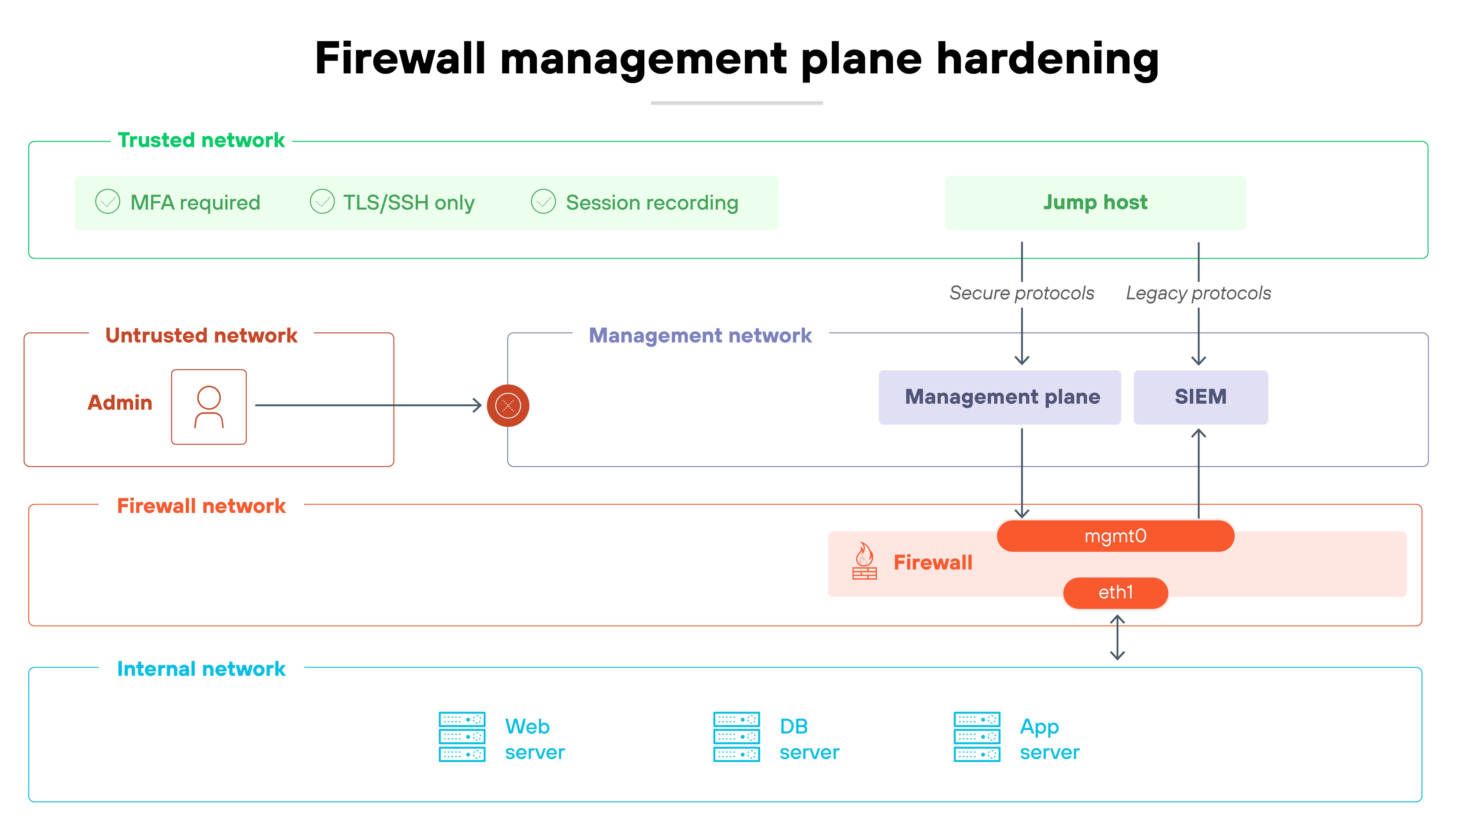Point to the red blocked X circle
(508, 406)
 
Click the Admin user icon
(209, 407)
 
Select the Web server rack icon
(462, 736)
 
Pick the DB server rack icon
(736, 736)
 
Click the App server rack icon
(977, 736)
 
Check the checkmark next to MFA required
(108, 202)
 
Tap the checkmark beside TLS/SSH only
(322, 202)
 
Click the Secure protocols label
(1021, 293)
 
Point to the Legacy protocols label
(1198, 293)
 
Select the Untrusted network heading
(201, 335)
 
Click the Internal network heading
(201, 669)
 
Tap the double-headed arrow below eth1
(1117, 637)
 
